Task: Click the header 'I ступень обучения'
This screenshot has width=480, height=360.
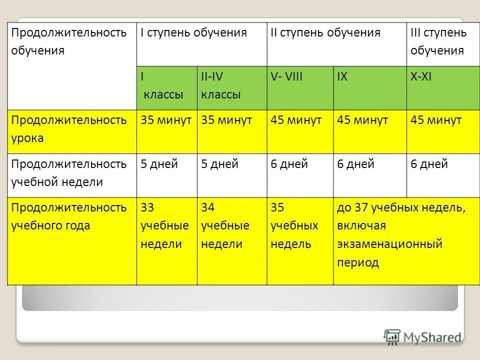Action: pyautogui.click(x=194, y=33)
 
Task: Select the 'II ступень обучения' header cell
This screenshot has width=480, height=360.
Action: pyautogui.click(x=325, y=33)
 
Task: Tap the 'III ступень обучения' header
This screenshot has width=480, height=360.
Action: pyautogui.click(x=438, y=42)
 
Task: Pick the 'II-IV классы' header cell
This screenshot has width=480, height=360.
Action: pyautogui.click(x=221, y=85)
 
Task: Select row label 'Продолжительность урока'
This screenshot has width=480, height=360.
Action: pyautogui.click(x=62, y=129)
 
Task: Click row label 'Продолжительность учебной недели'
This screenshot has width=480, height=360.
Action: pyautogui.click(x=62, y=173)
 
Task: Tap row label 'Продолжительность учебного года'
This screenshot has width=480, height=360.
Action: pyautogui.click(x=62, y=216)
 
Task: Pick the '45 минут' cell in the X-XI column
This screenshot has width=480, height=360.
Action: pyautogui.click(x=436, y=120)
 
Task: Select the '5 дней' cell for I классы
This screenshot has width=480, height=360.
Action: pyautogui.click(x=159, y=164)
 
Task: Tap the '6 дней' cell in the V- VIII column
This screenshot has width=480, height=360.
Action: pyautogui.click(x=289, y=164)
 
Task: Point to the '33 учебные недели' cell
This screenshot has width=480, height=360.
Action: pyautogui.click(x=165, y=225)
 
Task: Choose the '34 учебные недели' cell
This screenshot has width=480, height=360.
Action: pyautogui.click(x=225, y=225)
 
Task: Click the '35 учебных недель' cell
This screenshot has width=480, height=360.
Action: pyautogui.click(x=294, y=225)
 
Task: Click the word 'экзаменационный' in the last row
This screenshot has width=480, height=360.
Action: pyautogui.click(x=390, y=244)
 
